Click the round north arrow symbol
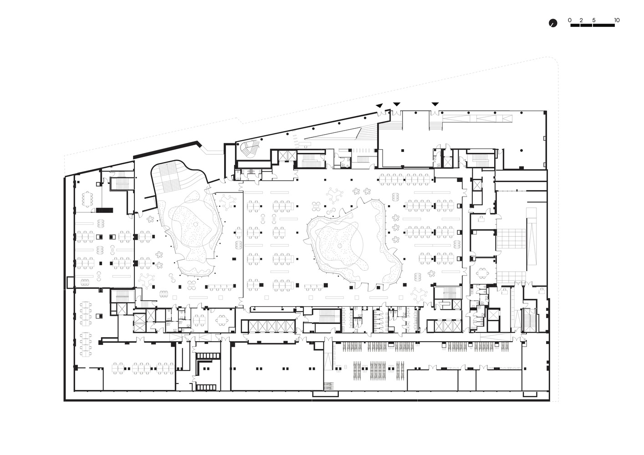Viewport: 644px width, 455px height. [x=553, y=23]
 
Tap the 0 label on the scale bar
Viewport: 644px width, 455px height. [x=570, y=20]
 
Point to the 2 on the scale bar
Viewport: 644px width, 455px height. [x=581, y=20]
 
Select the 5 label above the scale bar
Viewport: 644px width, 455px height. [x=594, y=20]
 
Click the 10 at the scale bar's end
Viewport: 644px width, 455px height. [x=617, y=20]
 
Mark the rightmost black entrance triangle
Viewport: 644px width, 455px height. [x=435, y=104]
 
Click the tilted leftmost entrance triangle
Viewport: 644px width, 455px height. [x=379, y=106]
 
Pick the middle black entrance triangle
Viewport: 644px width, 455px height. [x=397, y=104]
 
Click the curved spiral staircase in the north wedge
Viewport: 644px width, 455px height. [x=249, y=148]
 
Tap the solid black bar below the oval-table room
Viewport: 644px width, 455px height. [x=104, y=210]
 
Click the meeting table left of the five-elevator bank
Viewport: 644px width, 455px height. [x=222, y=320]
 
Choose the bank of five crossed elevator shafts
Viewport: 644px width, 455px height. [x=272, y=326]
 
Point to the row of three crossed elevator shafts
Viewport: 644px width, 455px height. [x=444, y=326]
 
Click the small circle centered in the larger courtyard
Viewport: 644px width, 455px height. [x=340, y=246]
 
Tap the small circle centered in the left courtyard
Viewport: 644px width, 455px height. [x=195, y=224]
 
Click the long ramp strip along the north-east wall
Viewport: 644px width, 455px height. [x=477, y=118]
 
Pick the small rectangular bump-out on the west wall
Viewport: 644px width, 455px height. [x=70, y=283]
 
